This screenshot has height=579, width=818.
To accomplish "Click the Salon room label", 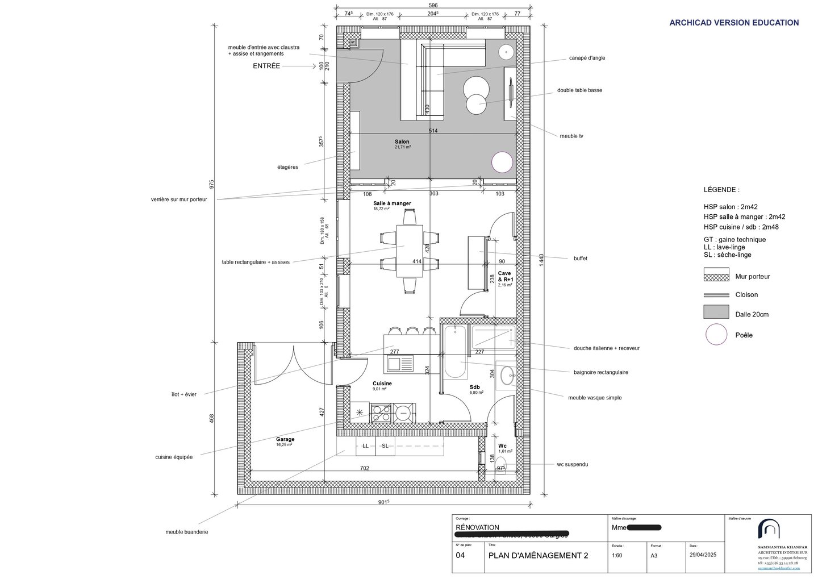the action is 402,142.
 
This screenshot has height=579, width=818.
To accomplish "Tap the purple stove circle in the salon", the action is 502,163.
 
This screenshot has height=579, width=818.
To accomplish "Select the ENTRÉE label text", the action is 266,66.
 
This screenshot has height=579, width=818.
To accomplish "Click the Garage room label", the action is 285,439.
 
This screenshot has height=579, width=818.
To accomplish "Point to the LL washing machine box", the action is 365,446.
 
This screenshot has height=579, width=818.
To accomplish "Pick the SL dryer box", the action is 385,446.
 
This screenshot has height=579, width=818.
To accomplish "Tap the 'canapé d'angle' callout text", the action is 587,58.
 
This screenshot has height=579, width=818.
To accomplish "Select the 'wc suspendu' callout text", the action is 572,464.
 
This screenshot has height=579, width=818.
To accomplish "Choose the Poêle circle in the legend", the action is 716,335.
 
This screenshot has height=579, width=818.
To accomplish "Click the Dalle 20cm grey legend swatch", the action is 716,312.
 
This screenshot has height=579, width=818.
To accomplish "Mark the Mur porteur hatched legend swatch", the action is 716,277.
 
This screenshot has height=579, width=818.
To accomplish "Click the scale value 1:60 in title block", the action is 617,556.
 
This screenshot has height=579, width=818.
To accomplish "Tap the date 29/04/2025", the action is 703,555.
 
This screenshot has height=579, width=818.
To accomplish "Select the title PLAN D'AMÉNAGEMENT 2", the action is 538,556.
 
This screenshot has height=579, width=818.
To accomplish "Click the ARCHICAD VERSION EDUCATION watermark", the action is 734,23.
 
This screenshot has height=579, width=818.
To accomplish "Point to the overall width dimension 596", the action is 433,6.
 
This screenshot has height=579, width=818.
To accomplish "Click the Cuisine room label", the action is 382,384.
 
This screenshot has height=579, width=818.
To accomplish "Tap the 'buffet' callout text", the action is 580,259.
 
